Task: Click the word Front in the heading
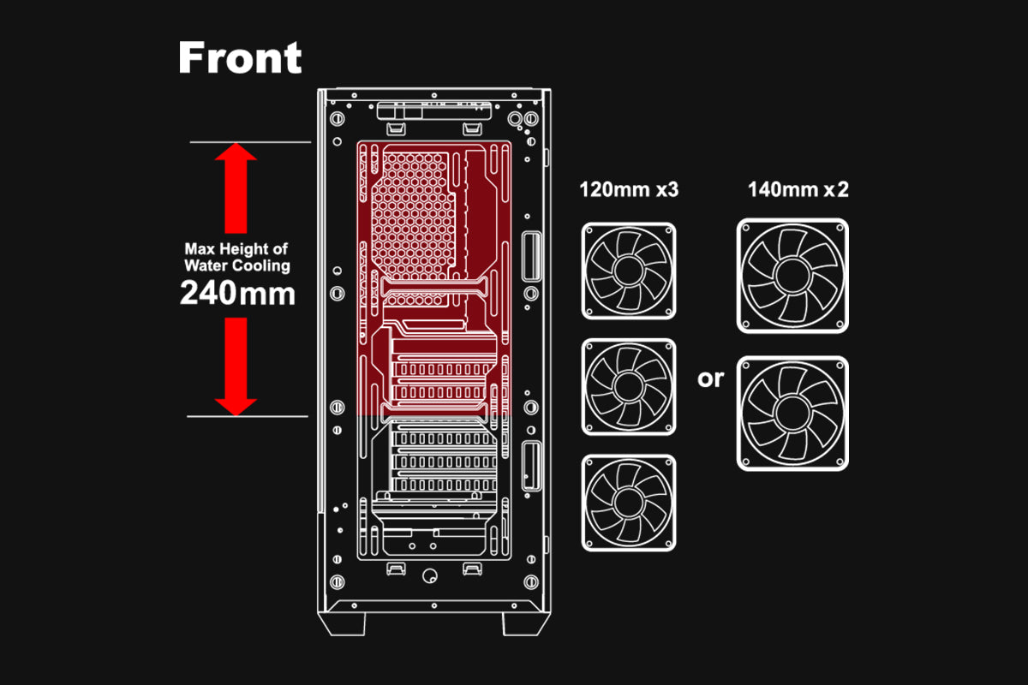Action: click(240, 58)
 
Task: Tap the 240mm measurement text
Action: click(237, 293)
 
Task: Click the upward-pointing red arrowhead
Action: click(236, 152)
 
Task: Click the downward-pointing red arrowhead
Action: click(236, 407)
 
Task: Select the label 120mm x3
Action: click(629, 189)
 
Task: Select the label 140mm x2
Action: click(798, 189)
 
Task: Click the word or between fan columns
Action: click(710, 379)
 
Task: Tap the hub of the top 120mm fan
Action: click(628, 271)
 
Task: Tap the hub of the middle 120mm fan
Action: click(628, 387)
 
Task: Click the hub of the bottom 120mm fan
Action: click(628, 503)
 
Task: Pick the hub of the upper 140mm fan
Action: click(792, 276)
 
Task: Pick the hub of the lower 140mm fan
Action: click(792, 414)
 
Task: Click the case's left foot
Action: click(343, 624)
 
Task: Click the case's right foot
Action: click(526, 624)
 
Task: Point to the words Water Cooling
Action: click(237, 265)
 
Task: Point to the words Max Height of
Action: click(236, 248)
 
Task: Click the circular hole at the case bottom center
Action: click(430, 575)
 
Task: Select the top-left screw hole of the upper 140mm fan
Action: click(746, 228)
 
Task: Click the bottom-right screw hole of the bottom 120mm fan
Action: click(667, 542)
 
